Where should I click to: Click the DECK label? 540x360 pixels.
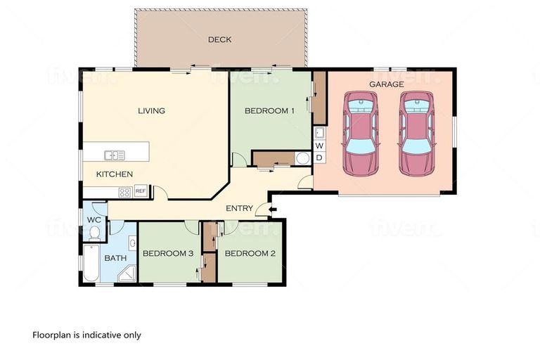coord(219,39)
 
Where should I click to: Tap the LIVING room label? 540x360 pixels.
coord(151,110)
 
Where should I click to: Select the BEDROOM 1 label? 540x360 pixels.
coord(269,110)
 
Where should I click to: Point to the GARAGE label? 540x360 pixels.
coord(386,84)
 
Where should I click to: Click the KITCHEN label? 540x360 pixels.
coord(115,174)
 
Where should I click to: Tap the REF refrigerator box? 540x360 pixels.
coord(141,191)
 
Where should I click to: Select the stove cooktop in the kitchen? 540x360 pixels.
coord(124,191)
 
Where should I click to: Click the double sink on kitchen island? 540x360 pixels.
coord(115,155)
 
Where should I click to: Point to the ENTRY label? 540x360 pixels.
coord(239,208)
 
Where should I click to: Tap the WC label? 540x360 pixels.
coord(94,219)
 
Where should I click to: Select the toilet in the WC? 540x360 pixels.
coord(94,233)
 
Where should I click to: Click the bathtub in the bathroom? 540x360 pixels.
coord(91,264)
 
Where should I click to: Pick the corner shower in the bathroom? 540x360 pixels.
coord(127,273)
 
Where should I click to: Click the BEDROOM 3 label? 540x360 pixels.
coord(167,253)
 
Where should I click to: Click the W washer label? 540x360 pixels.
coord(319,146)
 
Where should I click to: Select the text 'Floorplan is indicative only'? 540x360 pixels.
coord(86,335)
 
